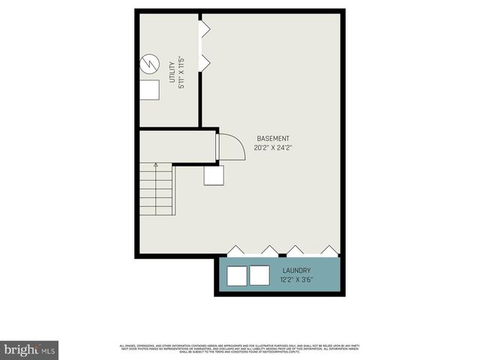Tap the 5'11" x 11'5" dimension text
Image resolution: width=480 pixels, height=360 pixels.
(181, 73)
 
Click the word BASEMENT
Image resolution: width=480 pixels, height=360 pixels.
(273, 138)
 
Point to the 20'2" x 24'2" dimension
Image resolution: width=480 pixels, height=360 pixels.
(273, 148)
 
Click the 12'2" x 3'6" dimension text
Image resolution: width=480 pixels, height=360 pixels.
(296, 280)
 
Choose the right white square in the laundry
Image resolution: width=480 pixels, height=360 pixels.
(259, 275)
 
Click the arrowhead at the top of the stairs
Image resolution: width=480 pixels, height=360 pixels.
(155, 164)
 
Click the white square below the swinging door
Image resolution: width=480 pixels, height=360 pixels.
(214, 175)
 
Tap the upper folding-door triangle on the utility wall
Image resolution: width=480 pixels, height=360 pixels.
(204, 29)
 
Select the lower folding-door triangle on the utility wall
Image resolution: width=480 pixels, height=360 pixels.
(204, 64)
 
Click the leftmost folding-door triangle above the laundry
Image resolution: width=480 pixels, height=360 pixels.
(235, 250)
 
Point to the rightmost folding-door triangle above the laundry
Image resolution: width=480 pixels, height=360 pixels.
(329, 250)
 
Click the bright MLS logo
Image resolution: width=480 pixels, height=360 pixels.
(30, 349)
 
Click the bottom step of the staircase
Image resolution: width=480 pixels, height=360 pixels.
(155, 210)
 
